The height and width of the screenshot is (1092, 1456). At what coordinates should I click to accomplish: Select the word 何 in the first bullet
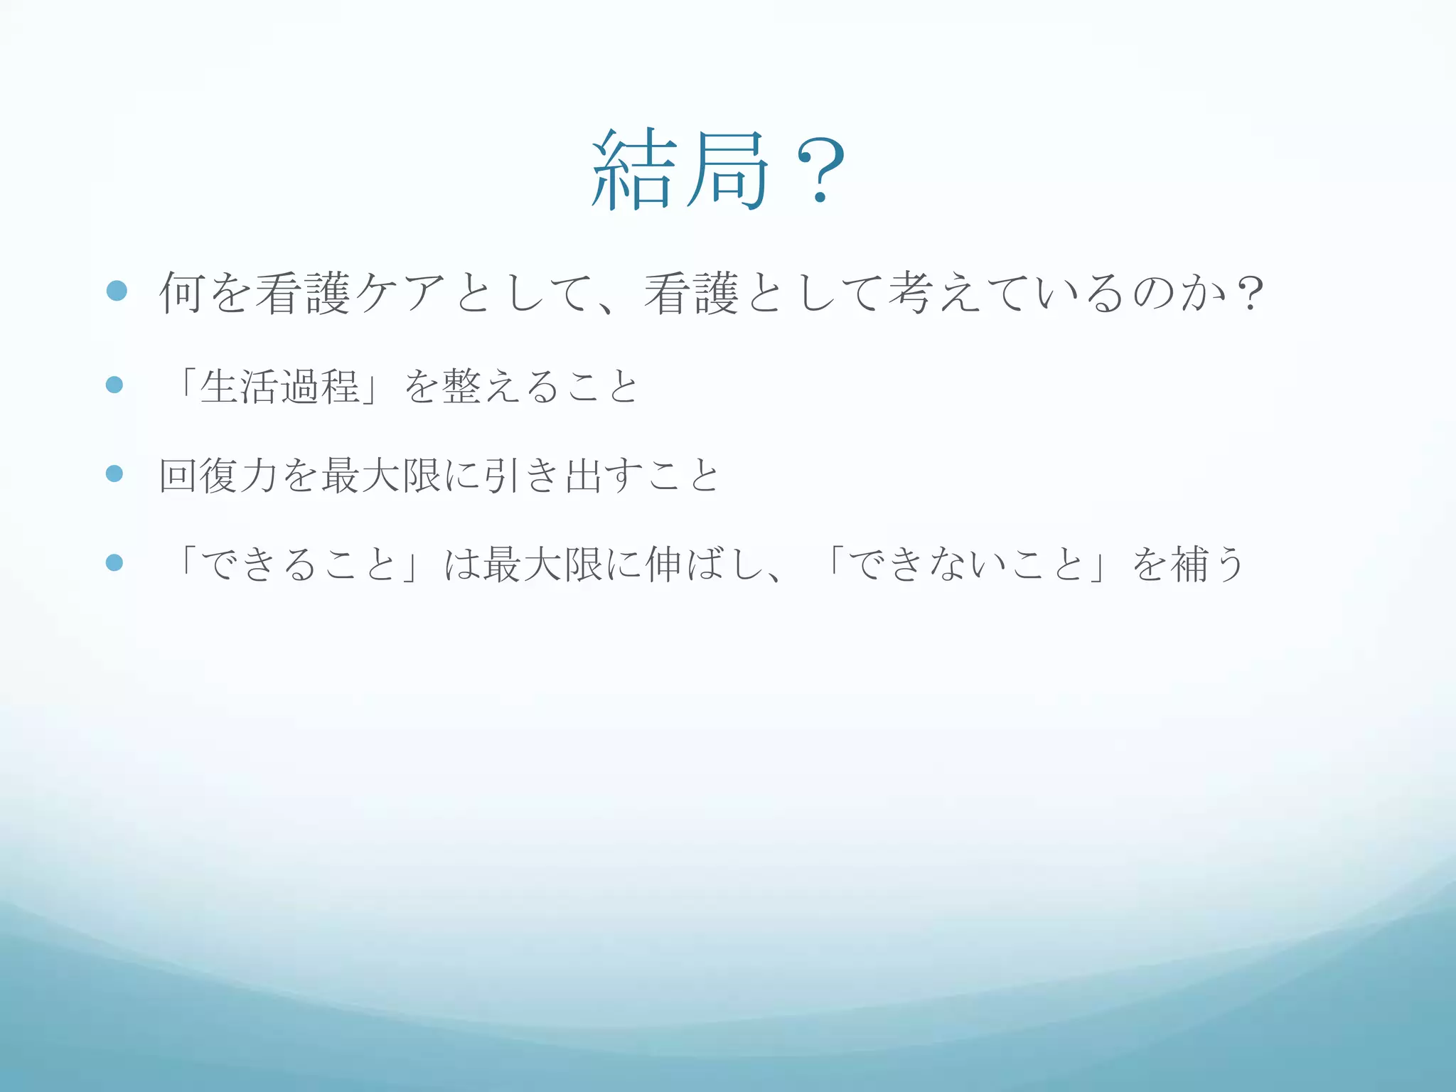(x=183, y=293)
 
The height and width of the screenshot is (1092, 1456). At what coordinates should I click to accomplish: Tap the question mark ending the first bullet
(x=1249, y=293)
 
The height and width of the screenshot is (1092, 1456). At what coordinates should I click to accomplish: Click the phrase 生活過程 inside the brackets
(x=279, y=387)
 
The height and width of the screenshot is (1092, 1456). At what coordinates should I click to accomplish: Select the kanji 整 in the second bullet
(x=462, y=387)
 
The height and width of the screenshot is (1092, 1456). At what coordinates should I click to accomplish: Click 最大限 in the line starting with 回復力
(x=381, y=475)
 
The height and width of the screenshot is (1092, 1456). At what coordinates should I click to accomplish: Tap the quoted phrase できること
(x=299, y=564)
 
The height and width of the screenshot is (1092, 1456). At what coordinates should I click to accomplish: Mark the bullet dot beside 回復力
(x=114, y=473)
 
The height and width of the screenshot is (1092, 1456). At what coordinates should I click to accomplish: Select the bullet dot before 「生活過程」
(x=114, y=385)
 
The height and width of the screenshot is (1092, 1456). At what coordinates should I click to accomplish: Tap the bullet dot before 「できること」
(x=114, y=563)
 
